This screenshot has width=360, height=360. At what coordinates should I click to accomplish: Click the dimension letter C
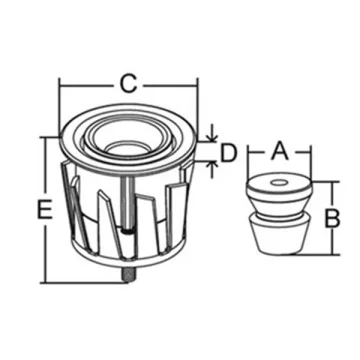(128, 84)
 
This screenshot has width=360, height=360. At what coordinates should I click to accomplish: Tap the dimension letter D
(229, 153)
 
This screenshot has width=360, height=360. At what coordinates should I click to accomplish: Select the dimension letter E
(44, 209)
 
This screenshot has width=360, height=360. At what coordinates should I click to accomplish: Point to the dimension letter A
(279, 150)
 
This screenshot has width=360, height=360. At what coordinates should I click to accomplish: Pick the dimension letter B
(332, 218)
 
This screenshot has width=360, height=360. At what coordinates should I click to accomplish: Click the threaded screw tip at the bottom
(128, 276)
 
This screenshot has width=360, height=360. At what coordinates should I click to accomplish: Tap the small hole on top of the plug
(279, 183)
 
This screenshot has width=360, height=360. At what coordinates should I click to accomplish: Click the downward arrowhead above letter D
(212, 138)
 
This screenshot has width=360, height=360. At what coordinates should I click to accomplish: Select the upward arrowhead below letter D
(212, 165)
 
